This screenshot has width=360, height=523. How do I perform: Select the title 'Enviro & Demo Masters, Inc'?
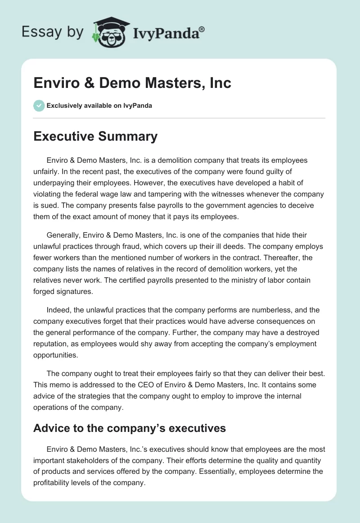pos(132,83)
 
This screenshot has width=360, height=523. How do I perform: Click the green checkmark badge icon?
pos(39,106)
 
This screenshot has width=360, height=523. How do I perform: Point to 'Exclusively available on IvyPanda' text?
pos(99,106)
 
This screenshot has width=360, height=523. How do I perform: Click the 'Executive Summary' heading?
pos(95,137)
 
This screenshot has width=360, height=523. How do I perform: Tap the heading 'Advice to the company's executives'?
pos(130,428)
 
